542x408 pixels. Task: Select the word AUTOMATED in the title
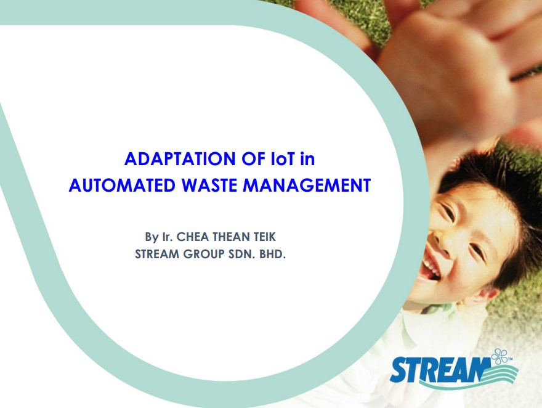(122, 186)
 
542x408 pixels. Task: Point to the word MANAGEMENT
(307, 186)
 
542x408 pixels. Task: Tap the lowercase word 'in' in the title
(307, 159)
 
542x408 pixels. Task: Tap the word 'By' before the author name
(152, 237)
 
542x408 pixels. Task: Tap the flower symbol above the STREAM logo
(500, 356)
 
